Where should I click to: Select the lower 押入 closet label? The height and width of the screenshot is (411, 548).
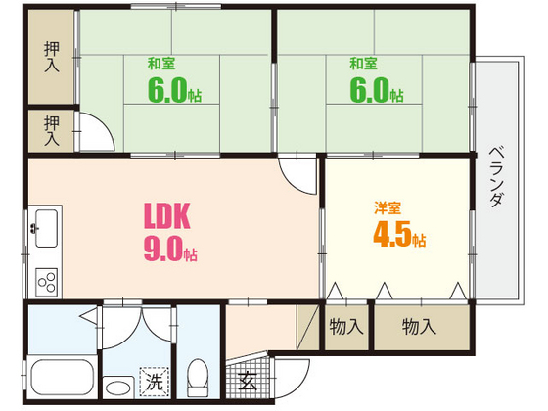pyautogui.click(x=53, y=130)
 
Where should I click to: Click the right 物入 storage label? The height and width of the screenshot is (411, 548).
pyautogui.click(x=419, y=326)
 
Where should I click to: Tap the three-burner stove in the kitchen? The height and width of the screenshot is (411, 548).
pyautogui.click(x=47, y=282)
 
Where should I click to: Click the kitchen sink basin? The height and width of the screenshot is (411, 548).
pyautogui.click(x=45, y=230)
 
